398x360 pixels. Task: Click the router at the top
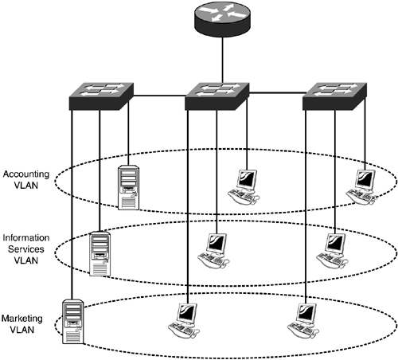click(222, 19)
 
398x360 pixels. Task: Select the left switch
click(101, 96)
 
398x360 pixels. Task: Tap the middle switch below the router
click(217, 96)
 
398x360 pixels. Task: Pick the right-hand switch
click(334, 96)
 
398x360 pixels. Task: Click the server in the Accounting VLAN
click(129, 187)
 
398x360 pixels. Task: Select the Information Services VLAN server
click(100, 254)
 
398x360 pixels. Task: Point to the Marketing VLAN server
click(73, 322)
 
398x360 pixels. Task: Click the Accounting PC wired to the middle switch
click(244, 187)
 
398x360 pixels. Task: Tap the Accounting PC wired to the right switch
click(361, 187)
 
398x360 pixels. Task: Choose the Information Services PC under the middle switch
click(213, 251)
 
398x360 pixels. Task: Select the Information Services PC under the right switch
click(332, 251)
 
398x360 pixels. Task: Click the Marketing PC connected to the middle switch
click(184, 321)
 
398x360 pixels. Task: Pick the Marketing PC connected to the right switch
click(303, 321)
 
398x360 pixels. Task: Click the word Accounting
click(26, 174)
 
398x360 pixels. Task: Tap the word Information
click(26, 237)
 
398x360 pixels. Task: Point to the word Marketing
click(22, 319)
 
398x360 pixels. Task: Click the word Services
click(26, 249)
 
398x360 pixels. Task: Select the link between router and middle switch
click(222, 60)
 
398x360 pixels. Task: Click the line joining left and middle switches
click(160, 95)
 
